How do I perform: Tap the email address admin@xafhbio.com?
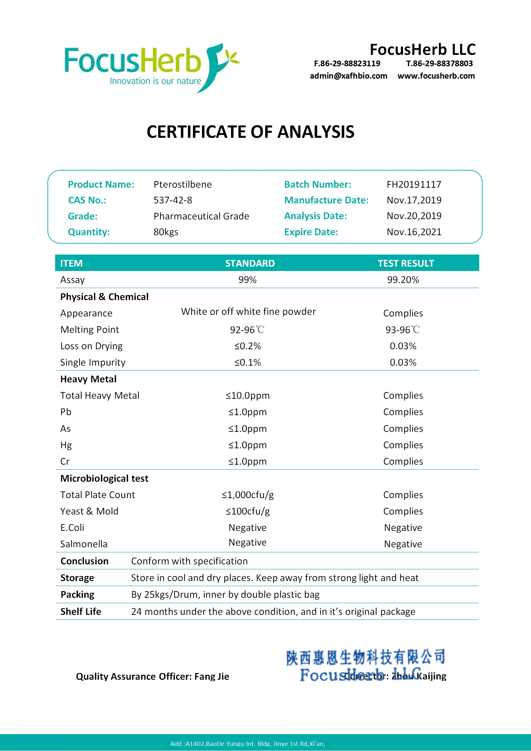[x=348, y=76]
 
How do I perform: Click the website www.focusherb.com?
[x=436, y=76]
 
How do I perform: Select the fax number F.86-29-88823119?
[x=347, y=64]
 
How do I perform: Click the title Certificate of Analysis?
[x=250, y=132]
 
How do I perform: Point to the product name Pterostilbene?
[x=183, y=185]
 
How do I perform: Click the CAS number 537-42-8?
[x=173, y=200]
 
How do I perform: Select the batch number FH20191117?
[x=414, y=185]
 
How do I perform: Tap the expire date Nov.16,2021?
[x=414, y=232]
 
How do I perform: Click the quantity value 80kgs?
[x=166, y=232]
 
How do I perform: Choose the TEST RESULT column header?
[x=406, y=264]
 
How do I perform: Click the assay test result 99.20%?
[x=403, y=280]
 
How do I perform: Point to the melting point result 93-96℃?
[x=403, y=330]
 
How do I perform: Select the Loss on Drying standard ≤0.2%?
[x=247, y=346]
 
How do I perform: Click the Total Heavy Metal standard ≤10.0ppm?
[x=247, y=396]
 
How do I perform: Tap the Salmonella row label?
[x=84, y=544]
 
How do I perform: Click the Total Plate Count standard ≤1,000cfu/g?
[x=247, y=495]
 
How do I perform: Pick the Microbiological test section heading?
[x=104, y=479]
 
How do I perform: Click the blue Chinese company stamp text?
[x=365, y=657]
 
